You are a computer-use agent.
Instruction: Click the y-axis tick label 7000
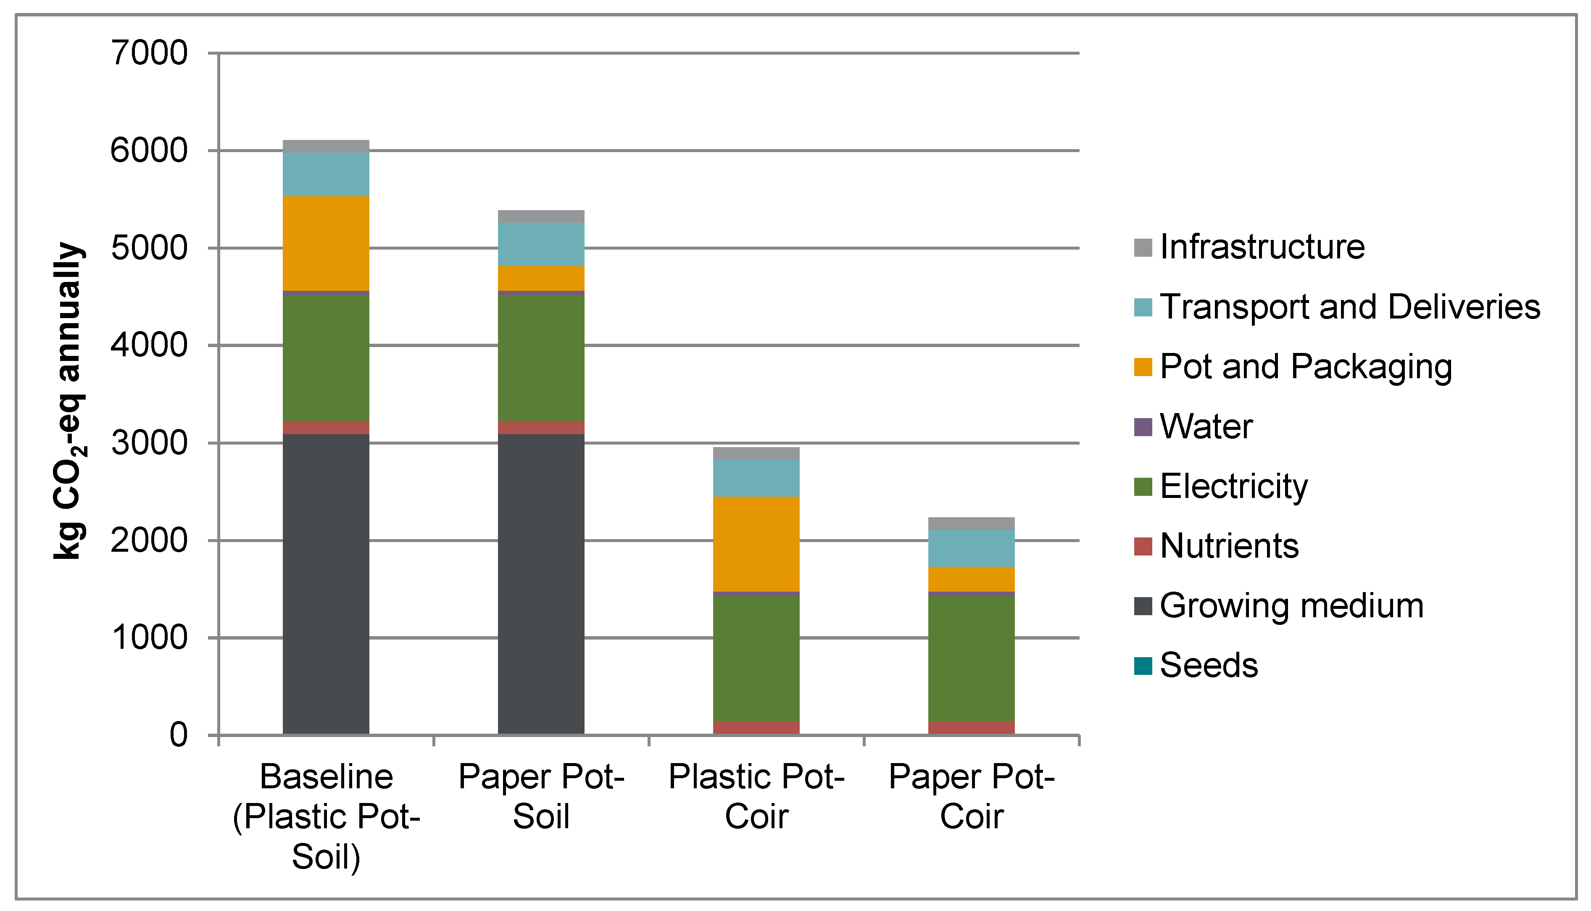point(149,53)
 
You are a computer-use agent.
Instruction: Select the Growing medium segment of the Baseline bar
point(326,582)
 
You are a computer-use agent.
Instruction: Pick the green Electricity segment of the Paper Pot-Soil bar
point(541,357)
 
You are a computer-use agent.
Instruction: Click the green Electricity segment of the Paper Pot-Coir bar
point(972,657)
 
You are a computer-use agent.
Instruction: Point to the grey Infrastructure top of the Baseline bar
point(326,146)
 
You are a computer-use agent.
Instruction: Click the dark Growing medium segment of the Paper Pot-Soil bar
point(541,582)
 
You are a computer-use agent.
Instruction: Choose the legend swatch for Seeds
point(1143,666)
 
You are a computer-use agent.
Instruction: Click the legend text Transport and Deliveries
point(1349,307)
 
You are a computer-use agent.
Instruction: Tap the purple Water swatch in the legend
point(1143,427)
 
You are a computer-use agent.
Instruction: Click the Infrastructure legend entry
point(1262,247)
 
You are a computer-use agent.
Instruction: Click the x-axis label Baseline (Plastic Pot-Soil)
point(326,816)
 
